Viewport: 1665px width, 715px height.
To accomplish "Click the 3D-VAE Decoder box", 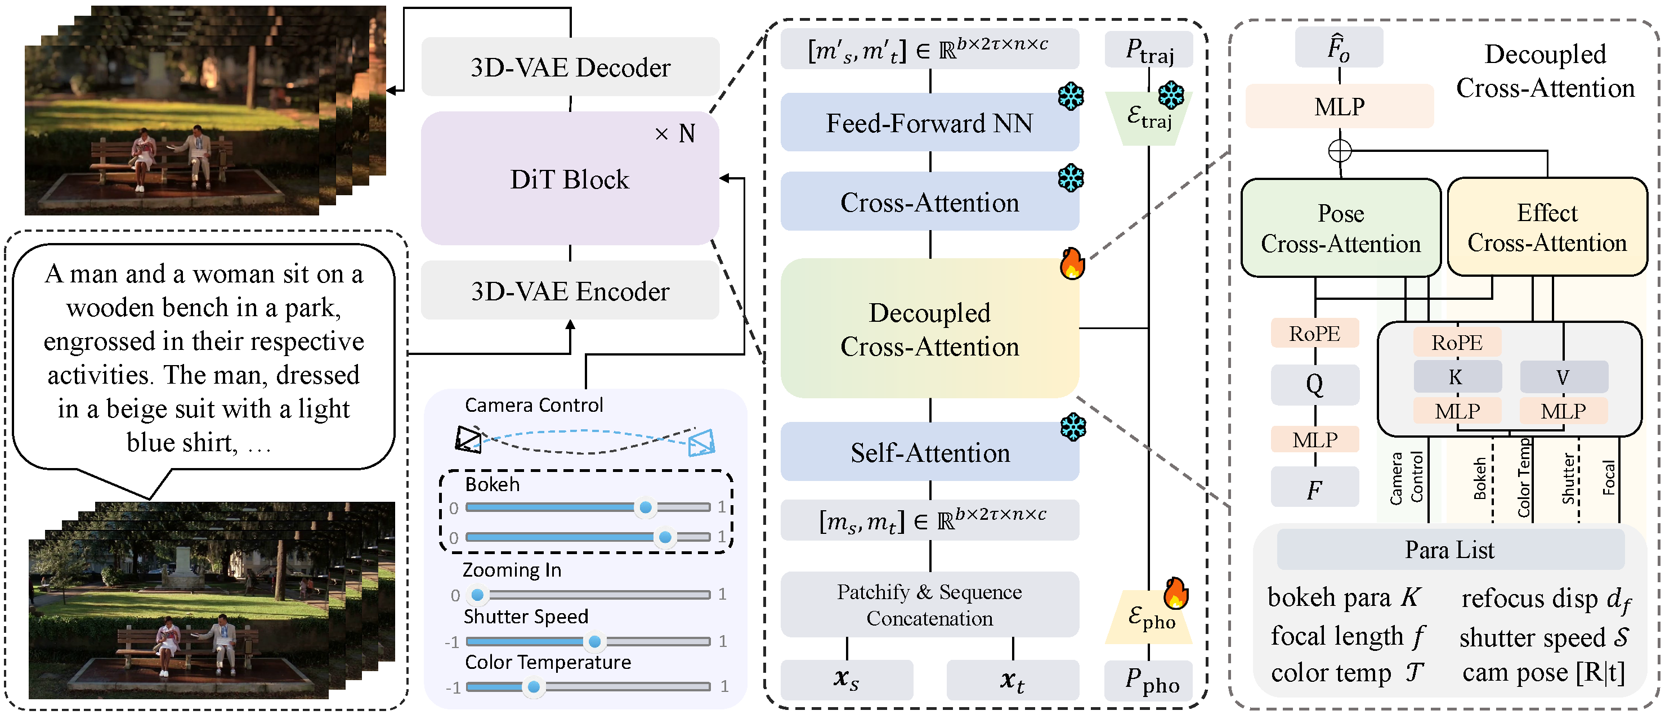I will click(570, 67).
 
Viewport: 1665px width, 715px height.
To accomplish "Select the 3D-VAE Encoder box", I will click(570, 291).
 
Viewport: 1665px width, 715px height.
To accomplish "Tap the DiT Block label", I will click(569, 179).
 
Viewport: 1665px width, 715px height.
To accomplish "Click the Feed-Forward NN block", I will click(929, 123).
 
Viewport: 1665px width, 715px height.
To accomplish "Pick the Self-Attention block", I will click(929, 452).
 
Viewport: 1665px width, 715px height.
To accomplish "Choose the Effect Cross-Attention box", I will click(1547, 227).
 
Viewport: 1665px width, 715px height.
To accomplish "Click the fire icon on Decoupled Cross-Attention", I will click(1072, 263).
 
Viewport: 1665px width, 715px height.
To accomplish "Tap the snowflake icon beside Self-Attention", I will click(1073, 427).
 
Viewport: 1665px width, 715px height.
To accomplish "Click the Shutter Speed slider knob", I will click(594, 641).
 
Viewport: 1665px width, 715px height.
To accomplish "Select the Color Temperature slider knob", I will click(533, 686).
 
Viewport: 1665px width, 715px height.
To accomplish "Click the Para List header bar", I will click(1450, 550).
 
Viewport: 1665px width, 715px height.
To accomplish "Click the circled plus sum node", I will click(1339, 151).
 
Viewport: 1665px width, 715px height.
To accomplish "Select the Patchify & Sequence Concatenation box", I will click(929, 605).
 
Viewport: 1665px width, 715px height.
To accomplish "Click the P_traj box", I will click(1149, 49).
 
